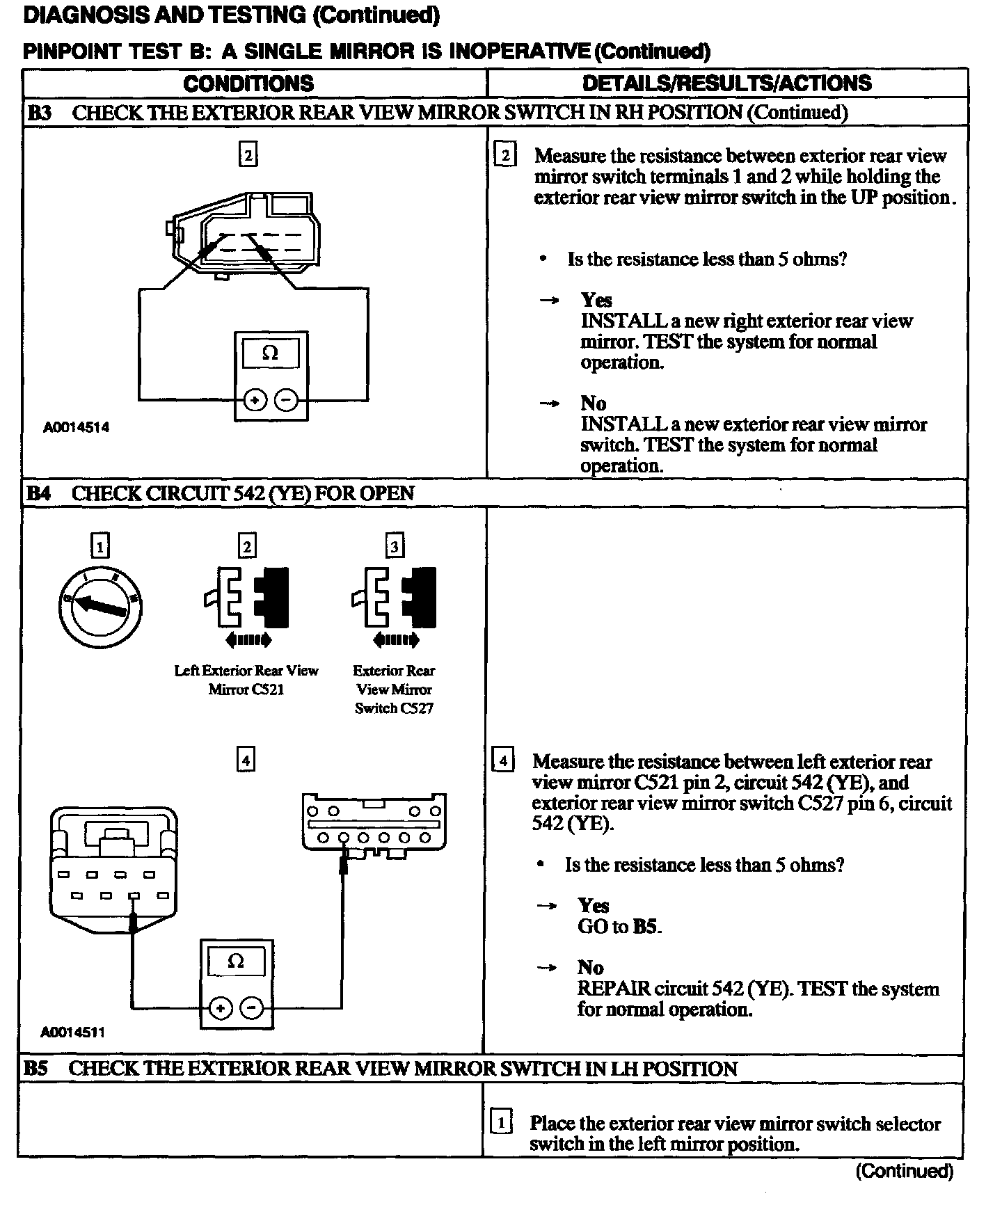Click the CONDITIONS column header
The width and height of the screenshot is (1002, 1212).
tap(248, 83)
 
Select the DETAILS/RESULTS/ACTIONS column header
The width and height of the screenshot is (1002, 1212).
tap(726, 83)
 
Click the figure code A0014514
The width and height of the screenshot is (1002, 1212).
tap(76, 427)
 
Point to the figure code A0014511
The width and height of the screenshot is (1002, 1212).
tap(72, 1032)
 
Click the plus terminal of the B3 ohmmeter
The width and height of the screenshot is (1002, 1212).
tap(255, 400)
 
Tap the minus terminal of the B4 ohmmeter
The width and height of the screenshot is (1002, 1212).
tap(253, 1007)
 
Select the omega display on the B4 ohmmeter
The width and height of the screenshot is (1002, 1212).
tap(236, 962)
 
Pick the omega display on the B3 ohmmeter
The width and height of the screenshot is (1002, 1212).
tap(270, 353)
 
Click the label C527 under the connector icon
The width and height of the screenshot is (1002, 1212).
tap(415, 708)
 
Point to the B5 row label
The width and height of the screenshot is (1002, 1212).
tap(36, 1068)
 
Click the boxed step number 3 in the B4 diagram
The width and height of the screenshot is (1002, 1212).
tap(395, 546)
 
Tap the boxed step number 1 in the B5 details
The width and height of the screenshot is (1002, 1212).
tap(501, 1122)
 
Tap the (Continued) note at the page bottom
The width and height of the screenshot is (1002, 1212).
tap(904, 1171)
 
